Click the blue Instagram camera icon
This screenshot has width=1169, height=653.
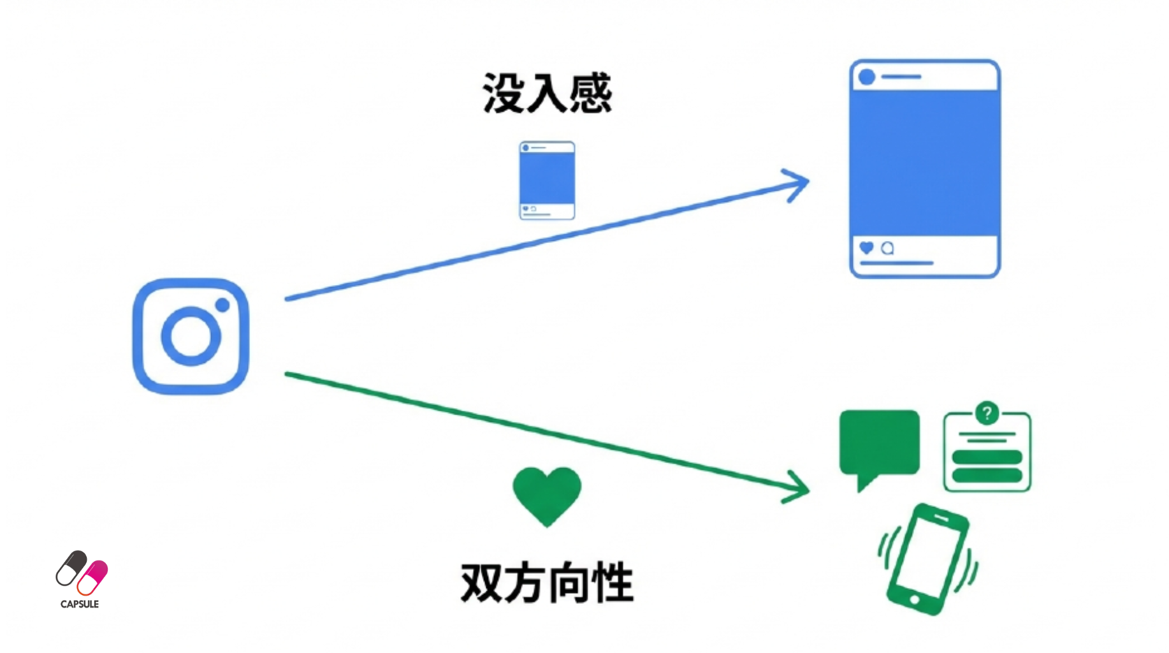[191, 336]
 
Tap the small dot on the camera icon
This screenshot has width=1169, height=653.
[222, 305]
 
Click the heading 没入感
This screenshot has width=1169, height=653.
[547, 94]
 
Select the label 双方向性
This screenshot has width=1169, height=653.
[547, 582]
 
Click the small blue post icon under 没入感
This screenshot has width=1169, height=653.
[547, 180]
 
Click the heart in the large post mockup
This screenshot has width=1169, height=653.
[866, 247]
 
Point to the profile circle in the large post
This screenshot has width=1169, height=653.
[867, 77]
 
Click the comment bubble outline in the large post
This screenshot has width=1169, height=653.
[887, 248]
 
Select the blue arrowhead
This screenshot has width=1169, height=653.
[798, 184]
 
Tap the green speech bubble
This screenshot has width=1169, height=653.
[879, 444]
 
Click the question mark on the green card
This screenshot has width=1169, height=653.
[987, 413]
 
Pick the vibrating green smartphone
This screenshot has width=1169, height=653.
[927, 559]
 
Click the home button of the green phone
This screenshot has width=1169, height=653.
[915, 599]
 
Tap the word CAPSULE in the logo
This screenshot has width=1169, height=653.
[80, 604]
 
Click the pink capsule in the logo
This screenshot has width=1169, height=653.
[93, 577]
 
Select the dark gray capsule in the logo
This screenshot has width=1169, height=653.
[71, 567]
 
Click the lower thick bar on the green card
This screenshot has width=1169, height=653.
[987, 475]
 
